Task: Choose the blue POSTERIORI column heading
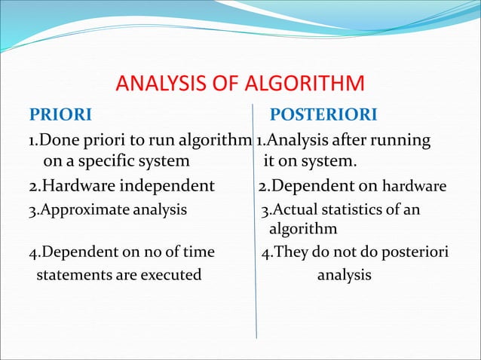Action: (x=324, y=115)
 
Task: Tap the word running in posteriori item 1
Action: (x=401, y=140)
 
